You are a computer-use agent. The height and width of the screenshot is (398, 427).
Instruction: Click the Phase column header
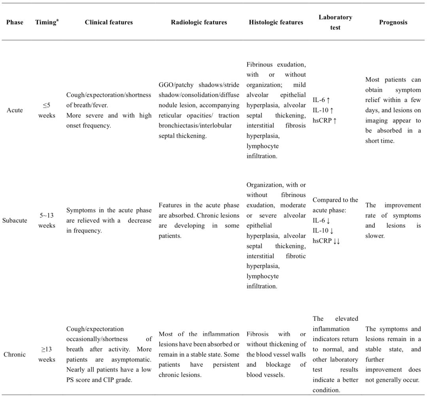click(15, 22)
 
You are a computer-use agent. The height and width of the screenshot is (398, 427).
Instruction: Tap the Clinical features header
click(109, 22)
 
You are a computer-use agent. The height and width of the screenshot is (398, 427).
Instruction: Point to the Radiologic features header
click(199, 22)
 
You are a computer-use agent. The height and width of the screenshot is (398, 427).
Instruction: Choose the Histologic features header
click(276, 22)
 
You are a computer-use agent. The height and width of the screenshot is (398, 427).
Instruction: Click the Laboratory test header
click(335, 22)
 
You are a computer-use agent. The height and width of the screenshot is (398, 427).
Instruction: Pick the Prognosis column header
click(393, 22)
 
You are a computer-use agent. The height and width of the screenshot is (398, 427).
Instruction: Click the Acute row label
click(15, 110)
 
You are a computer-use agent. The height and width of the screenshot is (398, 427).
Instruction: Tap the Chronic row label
click(15, 354)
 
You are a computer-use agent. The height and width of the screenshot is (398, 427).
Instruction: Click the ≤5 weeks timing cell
click(47, 110)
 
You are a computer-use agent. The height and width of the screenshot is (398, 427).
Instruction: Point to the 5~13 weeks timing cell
click(47, 220)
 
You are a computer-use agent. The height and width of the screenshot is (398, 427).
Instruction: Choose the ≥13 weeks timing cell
click(47, 354)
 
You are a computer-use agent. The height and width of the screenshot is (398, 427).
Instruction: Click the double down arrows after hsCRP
click(336, 241)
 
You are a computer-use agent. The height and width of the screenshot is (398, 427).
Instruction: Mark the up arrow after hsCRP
click(335, 121)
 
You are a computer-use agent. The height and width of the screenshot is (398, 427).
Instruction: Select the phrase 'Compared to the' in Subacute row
click(335, 200)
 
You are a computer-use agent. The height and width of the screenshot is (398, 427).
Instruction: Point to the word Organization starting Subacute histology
click(264, 185)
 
